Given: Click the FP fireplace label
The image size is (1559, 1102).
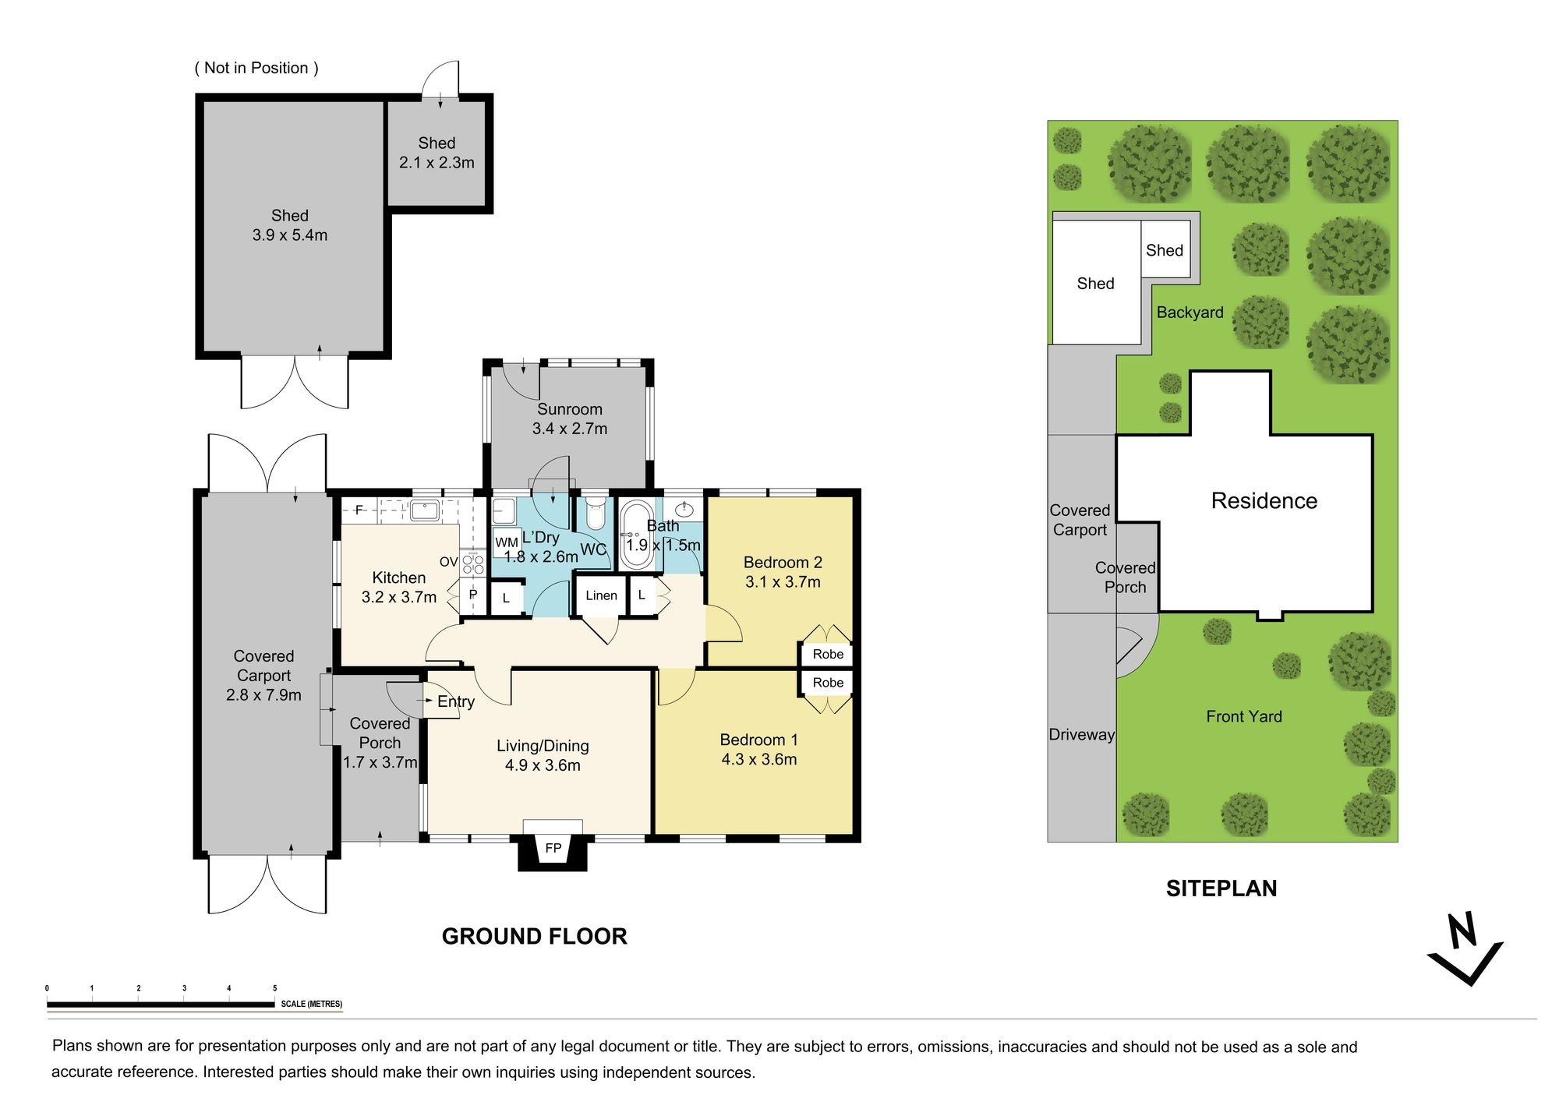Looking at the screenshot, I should tap(553, 848).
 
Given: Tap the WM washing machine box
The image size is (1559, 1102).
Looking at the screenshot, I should tap(506, 542).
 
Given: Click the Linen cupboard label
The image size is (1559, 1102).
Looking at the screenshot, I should tap(601, 595).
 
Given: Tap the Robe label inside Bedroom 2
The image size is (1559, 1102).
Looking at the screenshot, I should tap(828, 654).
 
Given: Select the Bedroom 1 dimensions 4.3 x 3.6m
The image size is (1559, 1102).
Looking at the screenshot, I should tap(758, 759).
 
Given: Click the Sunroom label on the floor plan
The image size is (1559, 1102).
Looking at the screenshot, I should tap(569, 409).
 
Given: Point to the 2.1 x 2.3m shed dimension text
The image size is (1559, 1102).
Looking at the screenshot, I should tap(437, 163).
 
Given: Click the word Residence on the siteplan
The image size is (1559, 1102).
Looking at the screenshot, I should tap(1264, 501).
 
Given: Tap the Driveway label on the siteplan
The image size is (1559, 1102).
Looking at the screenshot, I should tap(1081, 734).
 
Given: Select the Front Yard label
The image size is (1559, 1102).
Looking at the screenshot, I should tap(1243, 716).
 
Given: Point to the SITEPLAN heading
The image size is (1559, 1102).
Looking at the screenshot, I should tap(1221, 888).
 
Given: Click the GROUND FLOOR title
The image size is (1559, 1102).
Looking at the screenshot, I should tap(534, 936).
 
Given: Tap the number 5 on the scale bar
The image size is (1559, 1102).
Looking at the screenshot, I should tap(274, 988).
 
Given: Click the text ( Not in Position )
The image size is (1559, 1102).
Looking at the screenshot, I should tap(256, 68).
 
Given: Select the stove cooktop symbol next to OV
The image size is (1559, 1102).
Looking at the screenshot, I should tap(473, 563).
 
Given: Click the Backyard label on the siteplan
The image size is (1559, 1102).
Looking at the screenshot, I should tap(1190, 313).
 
